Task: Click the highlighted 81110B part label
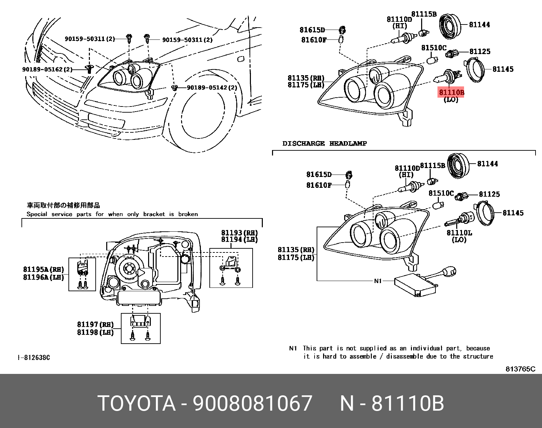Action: pyautogui.click(x=451, y=92)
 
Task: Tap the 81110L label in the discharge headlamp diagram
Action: pyautogui.click(x=459, y=233)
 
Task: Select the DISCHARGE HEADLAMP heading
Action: pyautogui.click(x=324, y=144)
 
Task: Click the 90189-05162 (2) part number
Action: pyautogui.click(x=47, y=69)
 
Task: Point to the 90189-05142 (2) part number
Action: pyautogui.click(x=212, y=88)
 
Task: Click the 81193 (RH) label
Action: pyautogui.click(x=239, y=233)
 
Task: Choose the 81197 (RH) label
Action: pyautogui.click(x=95, y=325)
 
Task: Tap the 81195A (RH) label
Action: pyautogui.click(x=43, y=269)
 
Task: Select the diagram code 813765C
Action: pyautogui.click(x=520, y=369)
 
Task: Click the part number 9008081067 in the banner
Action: pyautogui.click(x=252, y=404)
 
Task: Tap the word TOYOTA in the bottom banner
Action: pyautogui.click(x=137, y=404)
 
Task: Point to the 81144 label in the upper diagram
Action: pyautogui.click(x=479, y=24)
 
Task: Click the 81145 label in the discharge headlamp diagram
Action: pyautogui.click(x=513, y=213)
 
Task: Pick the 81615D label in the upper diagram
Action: pyautogui.click(x=312, y=30)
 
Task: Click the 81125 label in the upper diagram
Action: pyautogui.click(x=480, y=51)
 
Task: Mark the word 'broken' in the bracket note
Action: pyautogui.click(x=188, y=214)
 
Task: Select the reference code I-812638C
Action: pyautogui.click(x=34, y=358)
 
